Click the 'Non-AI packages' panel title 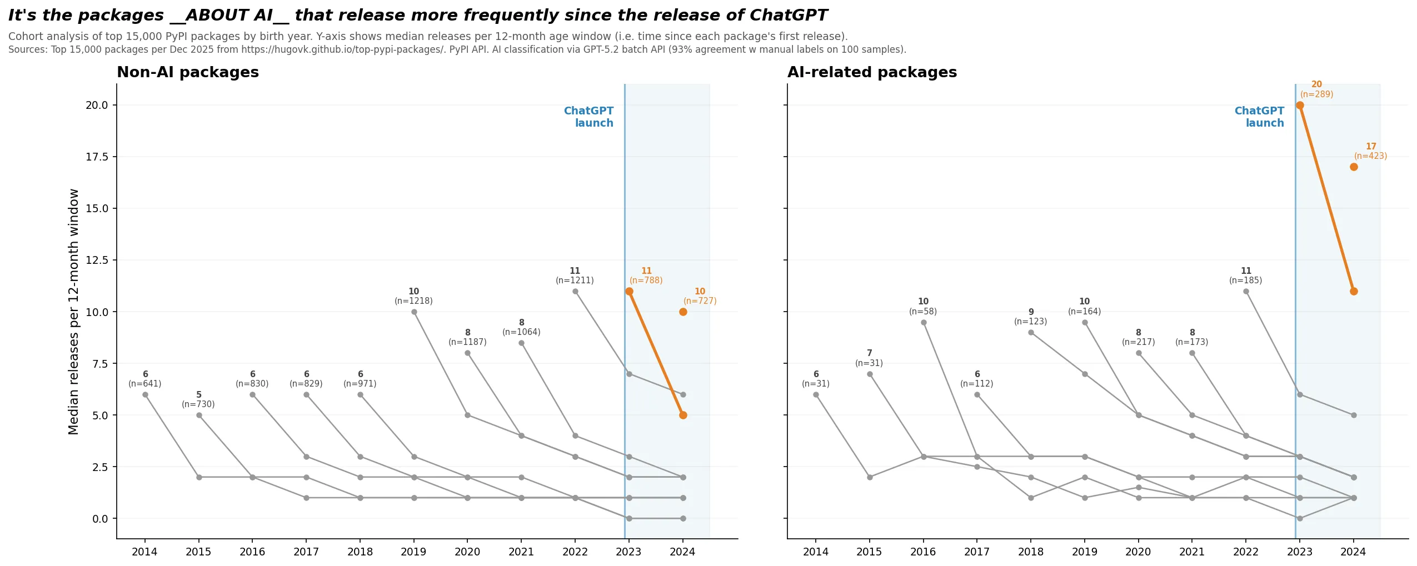(188, 73)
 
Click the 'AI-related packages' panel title (872, 73)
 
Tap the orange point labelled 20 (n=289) (1300, 106)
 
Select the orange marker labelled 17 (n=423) (1354, 167)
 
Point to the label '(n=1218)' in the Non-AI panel (413, 301)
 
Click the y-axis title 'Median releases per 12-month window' (74, 311)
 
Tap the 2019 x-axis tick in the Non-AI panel (413, 552)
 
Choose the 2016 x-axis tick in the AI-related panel (923, 552)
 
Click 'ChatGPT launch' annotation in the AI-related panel (1259, 117)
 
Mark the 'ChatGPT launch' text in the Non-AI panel (588, 117)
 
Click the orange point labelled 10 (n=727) (683, 312)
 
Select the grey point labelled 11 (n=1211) (575, 292)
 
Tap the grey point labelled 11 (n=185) (1246, 292)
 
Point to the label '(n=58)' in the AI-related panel (923, 312)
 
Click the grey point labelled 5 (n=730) (199, 415)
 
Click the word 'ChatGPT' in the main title (789, 16)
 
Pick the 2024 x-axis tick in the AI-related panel (1353, 552)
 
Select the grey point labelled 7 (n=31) (870, 374)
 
